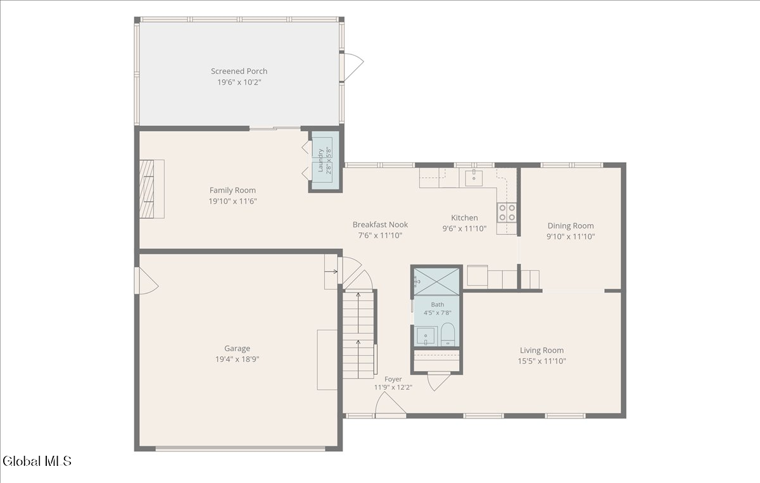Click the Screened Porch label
click(x=239, y=72)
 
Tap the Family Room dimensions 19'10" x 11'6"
click(x=232, y=201)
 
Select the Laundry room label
click(x=320, y=160)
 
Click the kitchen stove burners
click(x=507, y=212)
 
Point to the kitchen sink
click(x=474, y=178)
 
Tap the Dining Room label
click(x=571, y=226)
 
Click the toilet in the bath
click(x=448, y=334)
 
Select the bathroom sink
click(x=426, y=336)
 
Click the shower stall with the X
click(x=436, y=282)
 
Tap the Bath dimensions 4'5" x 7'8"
click(x=438, y=313)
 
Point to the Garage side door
click(x=146, y=281)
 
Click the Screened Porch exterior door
click(x=352, y=66)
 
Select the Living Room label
click(x=541, y=350)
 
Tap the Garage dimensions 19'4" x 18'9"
click(x=237, y=359)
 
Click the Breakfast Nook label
click(x=380, y=225)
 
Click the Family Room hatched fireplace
click(x=146, y=189)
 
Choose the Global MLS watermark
click(x=37, y=461)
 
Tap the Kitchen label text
click(x=464, y=218)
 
